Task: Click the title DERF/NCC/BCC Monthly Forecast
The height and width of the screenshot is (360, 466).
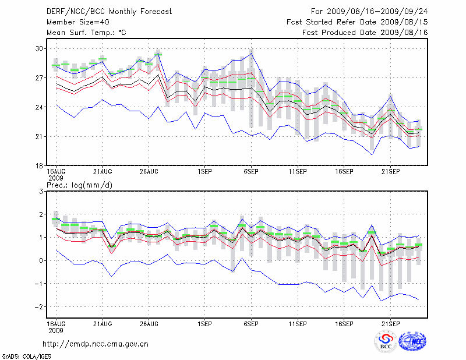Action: (x=108, y=11)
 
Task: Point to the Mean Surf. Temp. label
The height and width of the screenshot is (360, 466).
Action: (x=86, y=33)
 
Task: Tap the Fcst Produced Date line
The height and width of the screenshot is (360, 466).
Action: (x=365, y=33)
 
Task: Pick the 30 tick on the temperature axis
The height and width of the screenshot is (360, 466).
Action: (x=40, y=48)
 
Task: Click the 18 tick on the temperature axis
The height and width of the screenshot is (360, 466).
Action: (x=40, y=166)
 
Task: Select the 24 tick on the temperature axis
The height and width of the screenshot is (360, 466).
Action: (x=40, y=107)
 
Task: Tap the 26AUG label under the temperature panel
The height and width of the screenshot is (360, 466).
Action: (x=149, y=172)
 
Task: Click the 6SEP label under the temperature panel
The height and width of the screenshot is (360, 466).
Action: (x=251, y=172)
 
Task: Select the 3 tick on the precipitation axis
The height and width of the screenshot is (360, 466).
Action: (x=41, y=191)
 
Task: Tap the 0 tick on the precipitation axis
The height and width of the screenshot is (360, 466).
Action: (x=41, y=260)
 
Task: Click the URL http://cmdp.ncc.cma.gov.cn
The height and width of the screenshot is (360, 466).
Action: (x=96, y=344)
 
